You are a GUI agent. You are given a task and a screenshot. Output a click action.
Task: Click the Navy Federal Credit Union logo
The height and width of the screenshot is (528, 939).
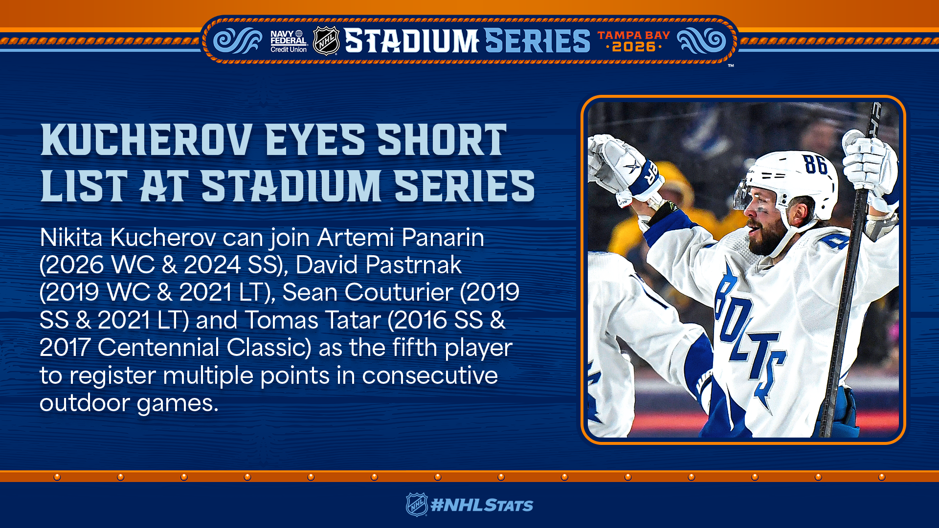coord(289,42)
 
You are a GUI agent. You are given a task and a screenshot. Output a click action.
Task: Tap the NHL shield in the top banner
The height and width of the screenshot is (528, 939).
coord(326,41)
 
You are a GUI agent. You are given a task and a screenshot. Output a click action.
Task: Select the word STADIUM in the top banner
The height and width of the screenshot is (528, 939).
coord(411,41)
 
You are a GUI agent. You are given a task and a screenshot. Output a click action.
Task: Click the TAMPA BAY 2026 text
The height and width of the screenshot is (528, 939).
coord(633,42)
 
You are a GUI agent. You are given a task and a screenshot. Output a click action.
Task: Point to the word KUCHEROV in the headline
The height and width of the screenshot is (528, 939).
coord(147,140)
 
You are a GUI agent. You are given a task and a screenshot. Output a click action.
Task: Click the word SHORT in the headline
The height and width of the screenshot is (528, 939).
coord(442,140)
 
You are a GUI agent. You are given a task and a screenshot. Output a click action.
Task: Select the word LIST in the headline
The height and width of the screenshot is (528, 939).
coord(84,186)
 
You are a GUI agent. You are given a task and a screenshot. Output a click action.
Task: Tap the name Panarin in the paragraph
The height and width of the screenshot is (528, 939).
coord(443,238)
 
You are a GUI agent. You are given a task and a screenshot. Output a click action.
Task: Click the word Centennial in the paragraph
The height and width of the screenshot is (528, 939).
coord(158,348)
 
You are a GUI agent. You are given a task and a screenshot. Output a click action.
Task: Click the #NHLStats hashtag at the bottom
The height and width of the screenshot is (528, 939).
coord(482,505)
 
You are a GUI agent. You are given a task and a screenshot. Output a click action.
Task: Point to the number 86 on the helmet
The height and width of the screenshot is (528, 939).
coord(815,164)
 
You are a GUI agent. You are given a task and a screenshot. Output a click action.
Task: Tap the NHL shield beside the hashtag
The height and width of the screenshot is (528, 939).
coord(417,505)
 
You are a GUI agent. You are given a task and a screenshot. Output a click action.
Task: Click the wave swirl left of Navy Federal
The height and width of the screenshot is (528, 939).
coord(238,41)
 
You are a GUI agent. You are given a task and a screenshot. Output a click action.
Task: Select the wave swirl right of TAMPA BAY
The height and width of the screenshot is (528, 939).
coord(702,41)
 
